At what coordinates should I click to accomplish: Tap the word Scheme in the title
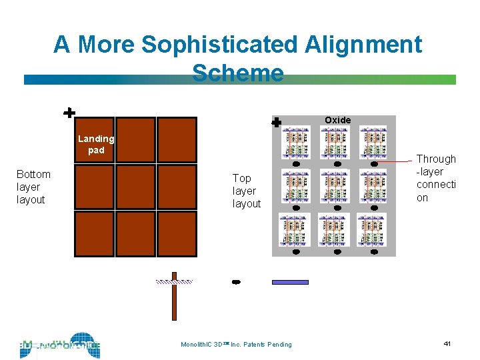(238, 72)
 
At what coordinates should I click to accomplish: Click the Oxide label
(337, 120)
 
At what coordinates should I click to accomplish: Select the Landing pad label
(96, 144)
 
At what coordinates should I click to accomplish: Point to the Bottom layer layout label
(33, 187)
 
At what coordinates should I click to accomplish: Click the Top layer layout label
(246, 191)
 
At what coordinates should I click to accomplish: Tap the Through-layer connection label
(436, 178)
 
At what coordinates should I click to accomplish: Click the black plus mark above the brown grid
(69, 113)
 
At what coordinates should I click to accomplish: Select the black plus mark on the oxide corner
(277, 122)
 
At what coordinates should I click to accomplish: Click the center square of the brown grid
(135, 187)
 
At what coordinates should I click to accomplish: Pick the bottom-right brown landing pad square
(177, 233)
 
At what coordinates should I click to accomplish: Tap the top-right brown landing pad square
(177, 139)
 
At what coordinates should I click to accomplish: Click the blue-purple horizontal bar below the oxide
(290, 282)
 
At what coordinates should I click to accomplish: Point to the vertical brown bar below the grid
(174, 297)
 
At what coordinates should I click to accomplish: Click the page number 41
(447, 343)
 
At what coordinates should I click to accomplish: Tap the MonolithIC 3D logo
(60, 345)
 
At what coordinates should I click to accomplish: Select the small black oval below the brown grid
(235, 283)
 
